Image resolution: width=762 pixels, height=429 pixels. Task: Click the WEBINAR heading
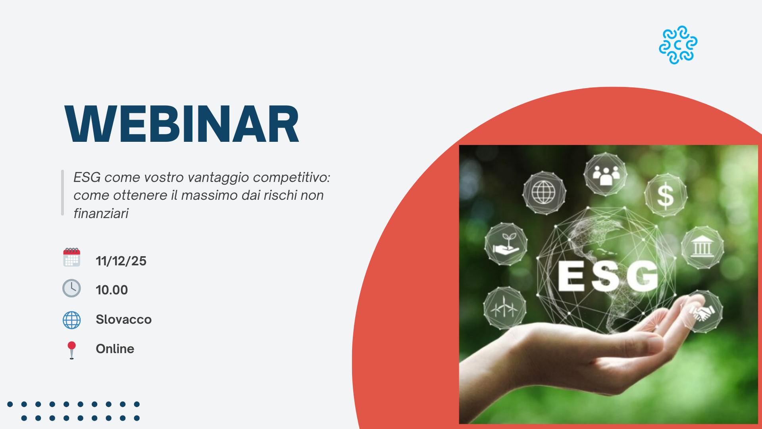tap(182, 124)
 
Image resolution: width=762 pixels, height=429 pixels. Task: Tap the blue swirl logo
tap(678, 45)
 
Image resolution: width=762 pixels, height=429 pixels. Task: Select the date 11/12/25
tap(121, 261)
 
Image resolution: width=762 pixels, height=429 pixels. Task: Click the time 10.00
tap(112, 290)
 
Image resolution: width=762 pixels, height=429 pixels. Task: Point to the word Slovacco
tap(123, 319)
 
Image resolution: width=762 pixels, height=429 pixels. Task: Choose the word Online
tap(115, 349)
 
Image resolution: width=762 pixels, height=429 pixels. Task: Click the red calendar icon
tap(71, 257)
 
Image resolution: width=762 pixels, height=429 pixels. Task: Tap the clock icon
tap(71, 288)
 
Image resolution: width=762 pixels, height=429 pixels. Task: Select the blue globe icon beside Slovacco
tap(71, 320)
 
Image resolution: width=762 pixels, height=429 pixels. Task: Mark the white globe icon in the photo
tap(543, 193)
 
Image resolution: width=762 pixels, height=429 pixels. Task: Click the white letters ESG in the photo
tap(608, 276)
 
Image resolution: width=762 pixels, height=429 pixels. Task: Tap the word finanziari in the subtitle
tap(101, 214)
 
